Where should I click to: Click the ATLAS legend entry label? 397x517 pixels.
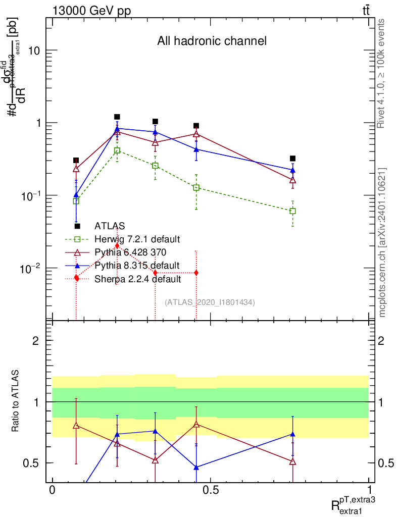click(x=110, y=226)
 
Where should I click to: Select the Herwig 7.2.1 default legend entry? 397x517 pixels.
click(x=137, y=239)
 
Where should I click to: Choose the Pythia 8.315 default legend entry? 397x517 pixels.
click(x=137, y=265)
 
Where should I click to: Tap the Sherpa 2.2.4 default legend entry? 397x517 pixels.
click(x=137, y=278)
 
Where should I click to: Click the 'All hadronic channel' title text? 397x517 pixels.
click(x=212, y=41)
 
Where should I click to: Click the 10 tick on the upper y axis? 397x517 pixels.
click(x=33, y=50)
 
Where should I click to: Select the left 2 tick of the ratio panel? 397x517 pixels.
click(x=36, y=341)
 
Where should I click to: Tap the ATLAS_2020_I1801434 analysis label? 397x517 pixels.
click(x=209, y=302)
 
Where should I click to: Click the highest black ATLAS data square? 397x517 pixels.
click(x=117, y=117)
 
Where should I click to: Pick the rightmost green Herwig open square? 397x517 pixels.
click(x=292, y=211)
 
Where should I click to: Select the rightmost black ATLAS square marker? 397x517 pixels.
click(x=292, y=159)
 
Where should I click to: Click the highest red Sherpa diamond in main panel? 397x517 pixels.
click(x=117, y=245)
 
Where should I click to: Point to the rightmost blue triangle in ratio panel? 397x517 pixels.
click(x=292, y=434)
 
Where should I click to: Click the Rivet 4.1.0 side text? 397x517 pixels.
click(x=382, y=73)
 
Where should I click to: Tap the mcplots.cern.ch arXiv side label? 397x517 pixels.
click(x=382, y=242)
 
